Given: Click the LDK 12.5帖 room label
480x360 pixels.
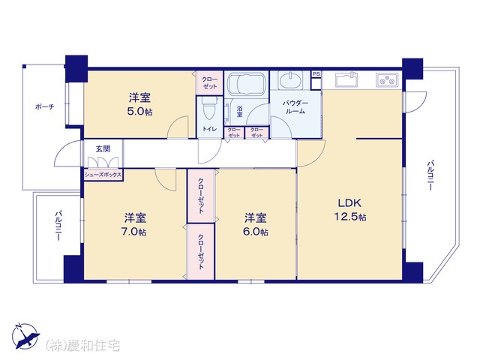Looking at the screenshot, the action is (x=350, y=210).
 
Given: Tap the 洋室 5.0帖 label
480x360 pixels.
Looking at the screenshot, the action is (x=139, y=105).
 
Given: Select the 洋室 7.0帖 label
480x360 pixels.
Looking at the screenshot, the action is (x=134, y=224).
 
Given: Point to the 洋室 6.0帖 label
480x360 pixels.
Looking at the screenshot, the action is (x=255, y=224).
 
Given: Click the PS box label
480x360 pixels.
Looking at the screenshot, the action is (x=316, y=74).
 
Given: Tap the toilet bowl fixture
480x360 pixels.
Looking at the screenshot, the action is (x=210, y=109).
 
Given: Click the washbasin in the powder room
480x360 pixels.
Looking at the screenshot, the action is (x=289, y=80).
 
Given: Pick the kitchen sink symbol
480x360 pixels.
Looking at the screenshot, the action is (x=347, y=80).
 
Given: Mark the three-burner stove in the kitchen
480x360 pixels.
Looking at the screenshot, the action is (x=387, y=79).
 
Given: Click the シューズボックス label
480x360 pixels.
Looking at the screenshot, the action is (x=103, y=175).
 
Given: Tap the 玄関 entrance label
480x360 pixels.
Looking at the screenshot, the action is (x=103, y=148).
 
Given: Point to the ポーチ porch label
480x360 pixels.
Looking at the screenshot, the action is (x=45, y=106).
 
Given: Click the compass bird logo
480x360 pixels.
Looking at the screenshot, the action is (x=25, y=336).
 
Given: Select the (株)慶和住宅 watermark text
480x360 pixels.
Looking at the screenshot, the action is (x=82, y=346).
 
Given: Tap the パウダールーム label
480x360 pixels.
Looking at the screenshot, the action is (x=295, y=106).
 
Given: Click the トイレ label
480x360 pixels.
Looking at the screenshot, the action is (x=210, y=129).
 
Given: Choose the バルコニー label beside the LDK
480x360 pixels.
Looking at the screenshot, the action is (x=430, y=175).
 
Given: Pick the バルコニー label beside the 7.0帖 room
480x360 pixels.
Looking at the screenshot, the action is (x=58, y=225).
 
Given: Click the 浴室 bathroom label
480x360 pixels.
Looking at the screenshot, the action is (x=240, y=112).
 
